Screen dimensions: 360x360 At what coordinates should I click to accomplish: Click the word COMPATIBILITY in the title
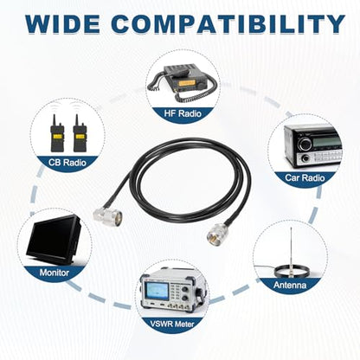click(x=228, y=23)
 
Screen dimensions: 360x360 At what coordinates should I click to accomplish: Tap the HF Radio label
click(x=183, y=113)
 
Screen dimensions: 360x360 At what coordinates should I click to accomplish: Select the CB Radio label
click(x=67, y=162)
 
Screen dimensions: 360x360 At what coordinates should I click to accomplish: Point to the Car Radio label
click(x=305, y=177)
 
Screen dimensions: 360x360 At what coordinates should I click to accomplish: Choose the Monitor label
click(x=55, y=273)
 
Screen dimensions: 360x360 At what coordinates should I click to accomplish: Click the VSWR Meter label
click(x=172, y=324)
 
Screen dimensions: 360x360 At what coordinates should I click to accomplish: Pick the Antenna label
click(x=290, y=285)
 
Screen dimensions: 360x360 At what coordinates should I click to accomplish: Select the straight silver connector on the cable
click(x=216, y=233)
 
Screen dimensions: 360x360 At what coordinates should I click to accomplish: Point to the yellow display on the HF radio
click(x=186, y=84)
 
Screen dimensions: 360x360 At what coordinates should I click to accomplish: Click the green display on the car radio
click(x=327, y=141)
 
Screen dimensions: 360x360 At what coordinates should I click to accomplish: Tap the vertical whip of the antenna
click(x=292, y=248)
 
